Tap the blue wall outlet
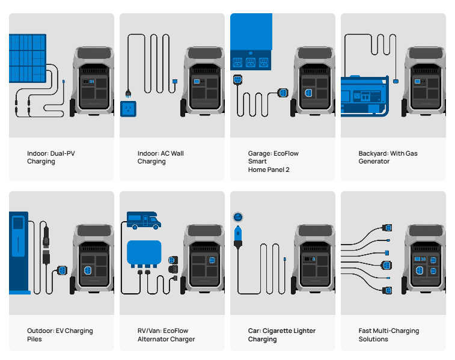(x=127, y=109)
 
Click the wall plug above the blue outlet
(x=127, y=93)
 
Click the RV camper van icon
(x=144, y=220)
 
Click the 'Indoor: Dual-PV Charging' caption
(x=51, y=157)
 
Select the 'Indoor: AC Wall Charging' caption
(x=160, y=157)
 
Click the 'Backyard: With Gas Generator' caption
(x=388, y=157)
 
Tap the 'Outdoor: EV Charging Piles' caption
(x=60, y=335)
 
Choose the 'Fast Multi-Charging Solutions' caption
(x=388, y=335)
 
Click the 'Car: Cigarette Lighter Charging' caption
(x=281, y=335)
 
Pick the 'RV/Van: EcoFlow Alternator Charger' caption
(x=166, y=335)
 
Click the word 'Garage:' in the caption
(x=260, y=153)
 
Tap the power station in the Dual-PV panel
(x=91, y=81)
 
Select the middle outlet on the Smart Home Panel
(x=250, y=62)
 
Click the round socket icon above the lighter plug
(x=237, y=217)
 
